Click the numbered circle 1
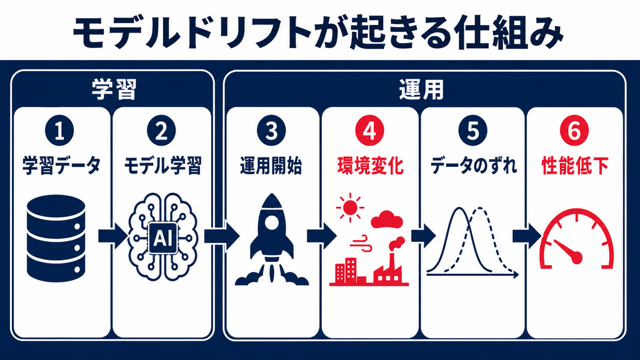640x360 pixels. (59, 131)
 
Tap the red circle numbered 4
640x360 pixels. (370, 131)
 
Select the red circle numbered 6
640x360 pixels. (574, 131)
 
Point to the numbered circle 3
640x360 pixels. (272, 131)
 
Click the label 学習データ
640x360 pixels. (61, 166)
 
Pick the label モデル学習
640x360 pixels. (162, 166)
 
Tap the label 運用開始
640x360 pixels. (271, 166)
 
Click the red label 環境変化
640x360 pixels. (370, 166)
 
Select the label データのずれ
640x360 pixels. (473, 166)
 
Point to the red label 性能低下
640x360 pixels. (575, 166)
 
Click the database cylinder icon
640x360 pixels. (56, 238)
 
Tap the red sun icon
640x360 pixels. (350, 207)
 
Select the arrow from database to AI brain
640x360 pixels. (112, 236)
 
